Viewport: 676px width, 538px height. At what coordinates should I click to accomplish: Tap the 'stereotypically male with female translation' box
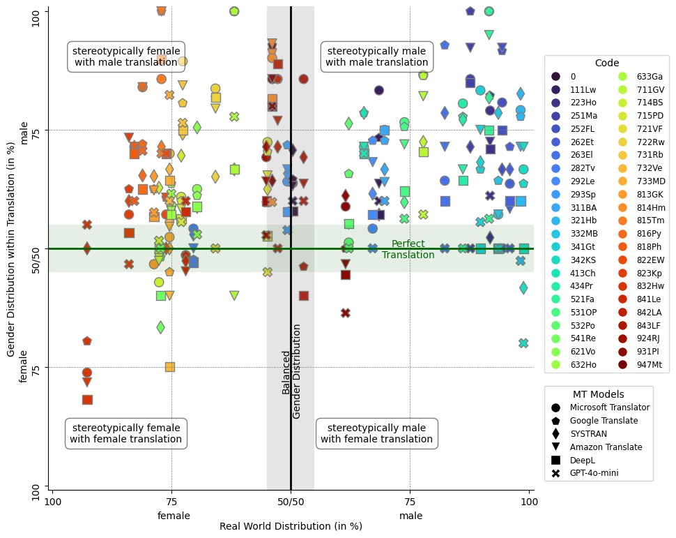click(376, 433)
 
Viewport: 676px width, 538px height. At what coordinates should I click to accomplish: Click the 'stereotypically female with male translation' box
click(126, 57)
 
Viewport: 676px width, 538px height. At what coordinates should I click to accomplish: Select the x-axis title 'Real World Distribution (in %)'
click(291, 526)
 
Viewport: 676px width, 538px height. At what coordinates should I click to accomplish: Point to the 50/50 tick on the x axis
click(291, 501)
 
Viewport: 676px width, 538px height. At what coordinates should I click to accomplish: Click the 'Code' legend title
click(606, 63)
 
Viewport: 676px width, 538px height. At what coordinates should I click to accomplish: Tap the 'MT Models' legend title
click(598, 394)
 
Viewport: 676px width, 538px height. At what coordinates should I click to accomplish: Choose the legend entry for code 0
click(573, 77)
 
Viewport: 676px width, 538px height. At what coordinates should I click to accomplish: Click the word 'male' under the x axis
click(410, 516)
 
